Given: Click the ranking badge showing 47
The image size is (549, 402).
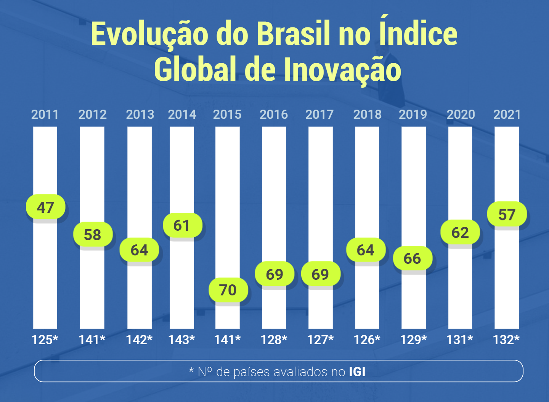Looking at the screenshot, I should tap(46, 207).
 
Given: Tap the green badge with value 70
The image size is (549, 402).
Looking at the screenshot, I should tap(228, 290).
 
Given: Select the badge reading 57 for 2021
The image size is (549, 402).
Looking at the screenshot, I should tap(507, 214).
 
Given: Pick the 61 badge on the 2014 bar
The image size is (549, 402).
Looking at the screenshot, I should tap(182, 225).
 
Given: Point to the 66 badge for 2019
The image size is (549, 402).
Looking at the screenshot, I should tap(413, 258).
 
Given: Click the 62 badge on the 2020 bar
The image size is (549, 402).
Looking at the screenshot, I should tap(460, 232).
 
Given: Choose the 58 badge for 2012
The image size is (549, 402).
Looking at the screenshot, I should tap(93, 234).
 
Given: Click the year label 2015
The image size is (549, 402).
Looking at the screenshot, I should tap(227, 114).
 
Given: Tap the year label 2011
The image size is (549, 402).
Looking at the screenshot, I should tap(45, 114).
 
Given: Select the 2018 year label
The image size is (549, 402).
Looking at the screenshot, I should tap(367, 114).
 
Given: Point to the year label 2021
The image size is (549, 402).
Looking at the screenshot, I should tap(507, 114).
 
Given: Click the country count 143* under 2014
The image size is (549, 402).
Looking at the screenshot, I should tap(181, 340).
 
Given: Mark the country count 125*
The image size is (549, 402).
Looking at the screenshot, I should tap(45, 340).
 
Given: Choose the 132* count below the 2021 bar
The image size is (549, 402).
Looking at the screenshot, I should tap(506, 340).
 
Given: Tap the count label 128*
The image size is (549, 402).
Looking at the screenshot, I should tap(274, 340).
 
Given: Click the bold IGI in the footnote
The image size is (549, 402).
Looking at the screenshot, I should tap(357, 372).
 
